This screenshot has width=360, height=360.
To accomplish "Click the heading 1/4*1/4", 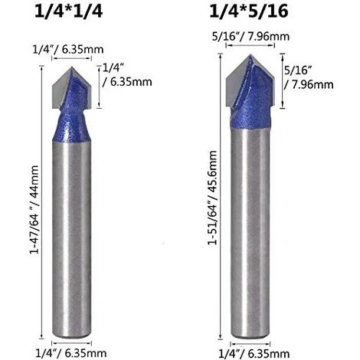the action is pyautogui.click(x=68, y=11).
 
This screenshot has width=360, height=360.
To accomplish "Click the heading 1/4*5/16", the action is pyautogui.click(x=249, y=11).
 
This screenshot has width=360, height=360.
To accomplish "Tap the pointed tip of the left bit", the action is pyautogui.click(x=72, y=67).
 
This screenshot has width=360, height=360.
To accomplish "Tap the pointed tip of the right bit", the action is pyautogui.click(x=250, y=54).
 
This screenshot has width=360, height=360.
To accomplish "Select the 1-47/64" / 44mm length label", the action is pyautogui.click(x=34, y=209).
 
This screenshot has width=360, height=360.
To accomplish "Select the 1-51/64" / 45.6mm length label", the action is pyautogui.click(x=212, y=198).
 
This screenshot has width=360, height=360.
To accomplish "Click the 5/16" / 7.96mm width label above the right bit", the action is pyautogui.click(x=250, y=37).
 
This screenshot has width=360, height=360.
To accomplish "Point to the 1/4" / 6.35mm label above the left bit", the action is pyautogui.click(x=68, y=49).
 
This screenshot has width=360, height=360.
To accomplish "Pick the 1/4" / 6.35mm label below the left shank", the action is pyautogui.click(x=71, y=353).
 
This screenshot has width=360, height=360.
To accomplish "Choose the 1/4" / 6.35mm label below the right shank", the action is pyautogui.click(x=254, y=354).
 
